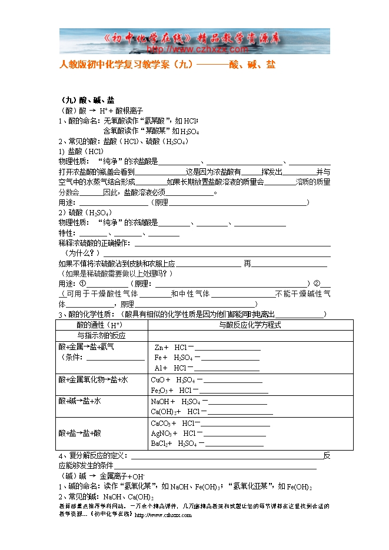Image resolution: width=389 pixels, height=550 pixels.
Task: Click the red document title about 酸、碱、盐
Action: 168,65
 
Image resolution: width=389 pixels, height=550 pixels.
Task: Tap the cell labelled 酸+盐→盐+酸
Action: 80,433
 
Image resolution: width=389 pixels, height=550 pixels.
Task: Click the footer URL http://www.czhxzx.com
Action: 163,515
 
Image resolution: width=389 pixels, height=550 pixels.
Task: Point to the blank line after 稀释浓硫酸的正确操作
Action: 233,244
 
